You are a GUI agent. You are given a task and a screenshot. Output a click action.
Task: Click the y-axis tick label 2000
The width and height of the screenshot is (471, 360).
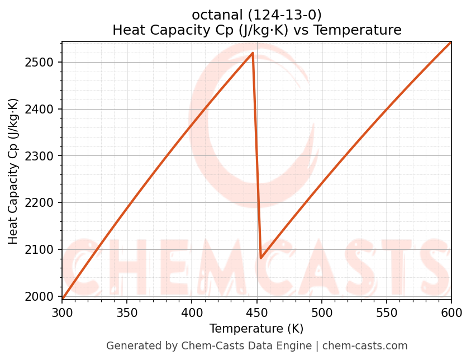click(x=43, y=296)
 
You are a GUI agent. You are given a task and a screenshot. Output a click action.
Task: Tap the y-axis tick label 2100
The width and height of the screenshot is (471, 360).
click(x=43, y=249)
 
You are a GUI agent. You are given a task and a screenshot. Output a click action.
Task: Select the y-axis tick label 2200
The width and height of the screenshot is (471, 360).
click(x=43, y=203)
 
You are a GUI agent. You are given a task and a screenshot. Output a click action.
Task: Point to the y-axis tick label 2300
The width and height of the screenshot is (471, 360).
click(x=43, y=156)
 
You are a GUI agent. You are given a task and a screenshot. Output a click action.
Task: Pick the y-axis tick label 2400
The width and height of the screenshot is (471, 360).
click(x=43, y=109)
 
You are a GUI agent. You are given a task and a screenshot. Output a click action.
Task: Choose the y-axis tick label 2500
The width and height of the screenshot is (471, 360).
click(x=43, y=62)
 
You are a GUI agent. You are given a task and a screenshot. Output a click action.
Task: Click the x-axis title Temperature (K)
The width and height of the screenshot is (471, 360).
click(x=256, y=329)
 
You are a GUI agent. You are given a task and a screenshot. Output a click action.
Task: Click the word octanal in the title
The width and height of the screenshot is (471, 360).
click(x=215, y=15)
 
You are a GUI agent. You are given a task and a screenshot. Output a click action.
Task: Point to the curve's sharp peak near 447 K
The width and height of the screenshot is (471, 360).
click(x=253, y=53)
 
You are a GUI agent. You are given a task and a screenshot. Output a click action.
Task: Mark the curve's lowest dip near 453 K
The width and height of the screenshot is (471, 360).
click(x=261, y=258)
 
